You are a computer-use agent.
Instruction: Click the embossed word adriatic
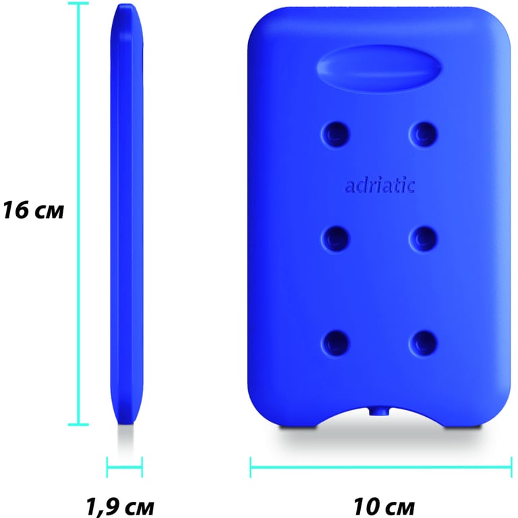tap(379, 186)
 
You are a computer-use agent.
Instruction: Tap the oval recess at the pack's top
tap(379, 67)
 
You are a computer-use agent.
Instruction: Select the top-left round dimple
tap(336, 134)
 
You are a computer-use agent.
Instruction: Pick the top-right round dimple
tap(423, 134)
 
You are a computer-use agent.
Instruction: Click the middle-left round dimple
tap(336, 239)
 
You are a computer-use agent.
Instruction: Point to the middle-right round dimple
tap(423, 239)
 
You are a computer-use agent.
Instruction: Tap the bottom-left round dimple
tap(336, 343)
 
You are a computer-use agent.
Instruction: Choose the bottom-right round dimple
tap(423, 343)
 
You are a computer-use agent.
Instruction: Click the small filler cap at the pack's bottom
tap(379, 411)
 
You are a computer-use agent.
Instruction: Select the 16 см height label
tap(33, 210)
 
